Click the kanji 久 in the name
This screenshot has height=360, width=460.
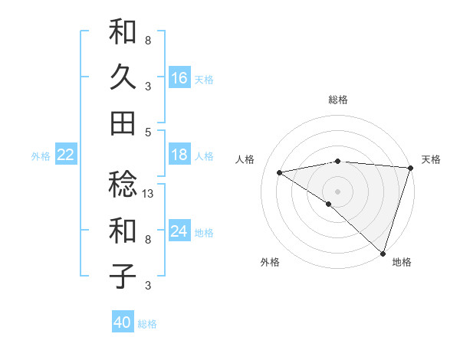click(x=123, y=77)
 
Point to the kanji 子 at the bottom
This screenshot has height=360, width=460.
click(x=123, y=275)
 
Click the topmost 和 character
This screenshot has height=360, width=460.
click(x=123, y=32)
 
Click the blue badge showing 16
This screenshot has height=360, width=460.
click(x=179, y=77)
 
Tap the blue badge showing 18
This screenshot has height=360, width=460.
click(x=179, y=155)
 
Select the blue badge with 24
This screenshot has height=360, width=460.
click(x=179, y=231)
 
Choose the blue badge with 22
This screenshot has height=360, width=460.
click(x=65, y=155)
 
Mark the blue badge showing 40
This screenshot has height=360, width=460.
click(x=123, y=322)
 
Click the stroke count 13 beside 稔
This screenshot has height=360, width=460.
click(x=149, y=195)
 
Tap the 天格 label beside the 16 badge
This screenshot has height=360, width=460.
click(x=204, y=79)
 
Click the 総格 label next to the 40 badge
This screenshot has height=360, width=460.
click(x=147, y=324)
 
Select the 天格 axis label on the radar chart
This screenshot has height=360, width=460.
click(x=431, y=159)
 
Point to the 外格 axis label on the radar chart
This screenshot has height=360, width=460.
click(x=270, y=262)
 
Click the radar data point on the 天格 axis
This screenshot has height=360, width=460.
click(x=410, y=168)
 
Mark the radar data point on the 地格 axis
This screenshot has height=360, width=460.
click(x=382, y=252)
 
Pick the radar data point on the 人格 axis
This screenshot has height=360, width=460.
click(x=280, y=172)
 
